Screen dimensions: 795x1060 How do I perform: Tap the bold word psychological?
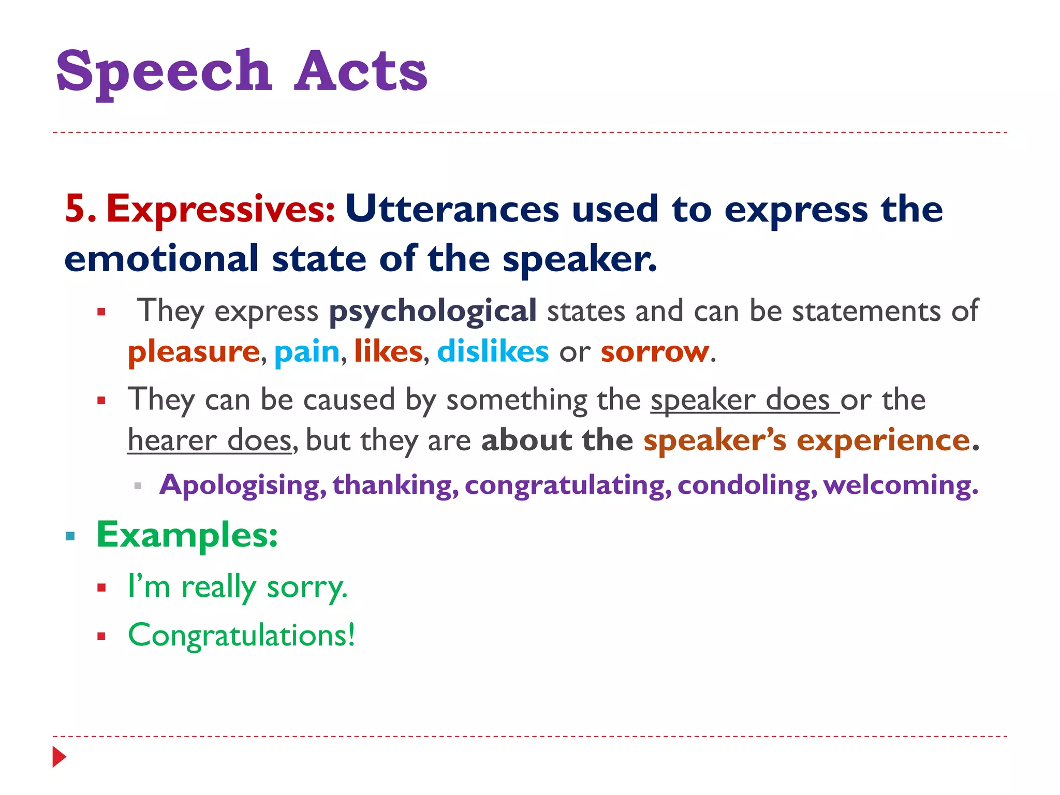pos(433,311)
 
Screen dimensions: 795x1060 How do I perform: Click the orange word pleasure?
pos(194,351)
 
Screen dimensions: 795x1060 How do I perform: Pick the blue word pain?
pos(306,351)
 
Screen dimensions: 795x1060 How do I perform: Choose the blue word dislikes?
pos(493,351)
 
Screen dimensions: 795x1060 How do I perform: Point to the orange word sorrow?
pos(655,351)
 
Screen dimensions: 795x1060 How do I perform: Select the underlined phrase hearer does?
pos(210,440)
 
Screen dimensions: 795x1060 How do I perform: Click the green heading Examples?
pos(187,535)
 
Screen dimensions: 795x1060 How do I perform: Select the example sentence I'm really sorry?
pos(238,587)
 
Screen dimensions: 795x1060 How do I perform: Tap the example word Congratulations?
pos(242,635)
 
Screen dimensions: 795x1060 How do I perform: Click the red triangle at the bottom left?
pos(59,757)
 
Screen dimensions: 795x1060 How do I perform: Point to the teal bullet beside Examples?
pos(70,536)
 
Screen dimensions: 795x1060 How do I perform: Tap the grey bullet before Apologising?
pos(138,486)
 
